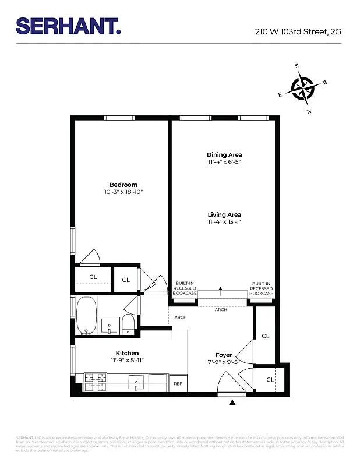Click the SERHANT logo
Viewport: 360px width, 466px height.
[x=68, y=26]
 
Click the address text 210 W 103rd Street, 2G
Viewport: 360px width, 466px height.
[x=298, y=32]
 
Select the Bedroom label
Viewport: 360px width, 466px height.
[x=123, y=185]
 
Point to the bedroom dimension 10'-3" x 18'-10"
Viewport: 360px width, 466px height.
[x=123, y=192]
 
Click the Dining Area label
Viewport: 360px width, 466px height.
[x=224, y=154]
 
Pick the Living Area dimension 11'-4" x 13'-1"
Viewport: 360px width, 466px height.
[x=224, y=221]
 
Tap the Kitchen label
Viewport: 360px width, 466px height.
[x=127, y=353]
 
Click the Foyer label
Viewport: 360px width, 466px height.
[x=224, y=355]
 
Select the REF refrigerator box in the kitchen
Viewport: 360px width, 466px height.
[x=178, y=383]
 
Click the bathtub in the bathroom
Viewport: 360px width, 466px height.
[x=87, y=315]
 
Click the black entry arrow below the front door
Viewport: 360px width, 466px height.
[x=234, y=402]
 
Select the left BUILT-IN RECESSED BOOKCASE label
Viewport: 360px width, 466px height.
[x=184, y=288]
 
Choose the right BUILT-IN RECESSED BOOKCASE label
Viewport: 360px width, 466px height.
[x=262, y=288]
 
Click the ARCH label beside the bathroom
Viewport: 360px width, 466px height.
[x=180, y=317]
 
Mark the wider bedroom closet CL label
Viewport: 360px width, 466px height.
[x=93, y=277]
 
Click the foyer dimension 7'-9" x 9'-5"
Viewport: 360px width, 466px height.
[x=224, y=362]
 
